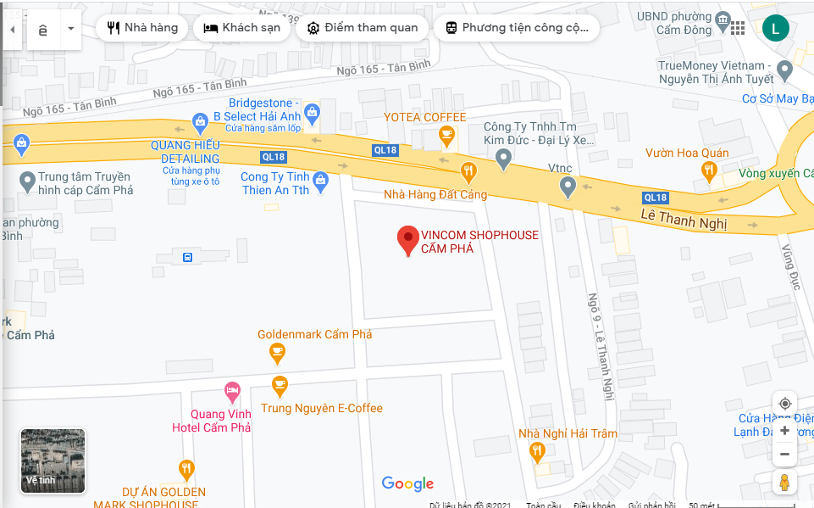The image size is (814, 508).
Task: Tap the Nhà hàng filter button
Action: pyautogui.click(x=142, y=28)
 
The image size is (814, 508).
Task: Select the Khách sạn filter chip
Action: pyautogui.click(x=241, y=28)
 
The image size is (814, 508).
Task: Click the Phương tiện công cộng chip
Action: pyautogui.click(x=516, y=28)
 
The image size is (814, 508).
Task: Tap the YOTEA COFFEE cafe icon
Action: pyautogui.click(x=446, y=134)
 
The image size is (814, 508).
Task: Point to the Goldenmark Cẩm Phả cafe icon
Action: pyautogui.click(x=277, y=351)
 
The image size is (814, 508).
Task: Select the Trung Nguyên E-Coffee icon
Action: pyautogui.click(x=280, y=386)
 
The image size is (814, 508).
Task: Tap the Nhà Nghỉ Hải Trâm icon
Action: pyautogui.click(x=536, y=451)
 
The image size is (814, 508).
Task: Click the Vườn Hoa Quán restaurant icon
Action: pyautogui.click(x=710, y=172)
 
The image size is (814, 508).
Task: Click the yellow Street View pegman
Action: pyautogui.click(x=784, y=483)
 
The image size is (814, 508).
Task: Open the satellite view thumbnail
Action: pyautogui.click(x=53, y=461)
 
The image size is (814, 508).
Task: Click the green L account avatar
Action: pyautogui.click(x=775, y=28)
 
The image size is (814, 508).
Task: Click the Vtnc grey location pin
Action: pyautogui.click(x=568, y=187)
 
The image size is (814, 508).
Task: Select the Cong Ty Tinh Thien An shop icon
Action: pyautogui.click(x=320, y=181)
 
